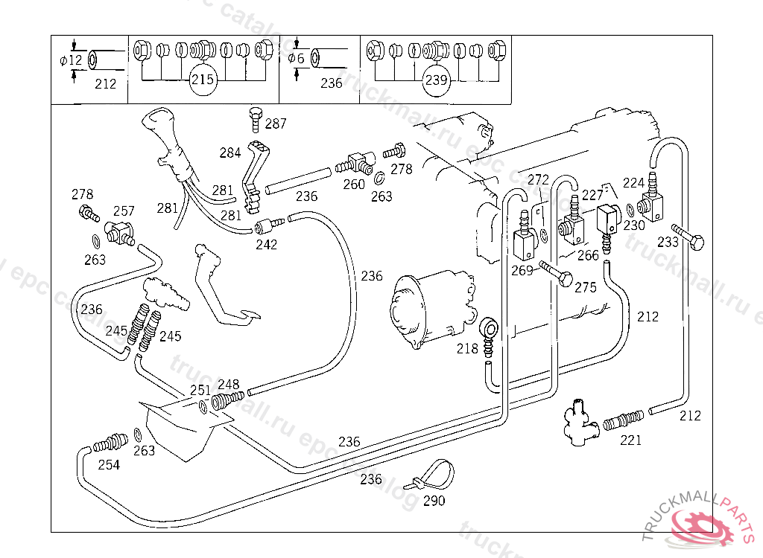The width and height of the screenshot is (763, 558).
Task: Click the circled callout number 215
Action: pyautogui.click(x=202, y=80)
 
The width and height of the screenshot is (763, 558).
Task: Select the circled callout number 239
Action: pyautogui.click(x=437, y=80)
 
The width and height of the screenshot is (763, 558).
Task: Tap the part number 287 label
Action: pyautogui.click(x=276, y=124)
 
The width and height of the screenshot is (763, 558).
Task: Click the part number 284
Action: pyautogui.click(x=230, y=153)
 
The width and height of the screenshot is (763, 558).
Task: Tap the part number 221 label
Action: pyautogui.click(x=630, y=440)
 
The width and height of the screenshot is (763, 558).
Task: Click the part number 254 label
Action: pyautogui.click(x=109, y=465)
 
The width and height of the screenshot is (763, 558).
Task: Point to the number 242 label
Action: pyautogui.click(x=267, y=244)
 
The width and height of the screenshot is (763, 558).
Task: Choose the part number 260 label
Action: pyautogui.click(x=354, y=184)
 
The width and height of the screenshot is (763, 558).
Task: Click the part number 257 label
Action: pyautogui.click(x=124, y=211)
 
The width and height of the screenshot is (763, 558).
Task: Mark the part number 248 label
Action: pyautogui.click(x=229, y=385)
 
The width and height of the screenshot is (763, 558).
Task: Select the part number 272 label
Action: pyautogui.click(x=538, y=180)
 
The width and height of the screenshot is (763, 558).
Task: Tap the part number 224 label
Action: pyautogui.click(x=633, y=182)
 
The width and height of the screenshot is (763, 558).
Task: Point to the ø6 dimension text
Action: pyautogui.click(x=297, y=59)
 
